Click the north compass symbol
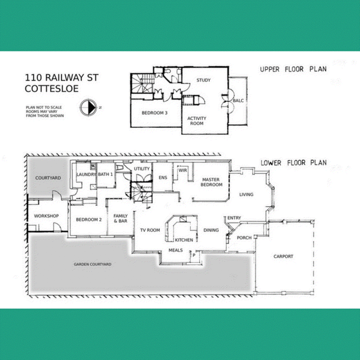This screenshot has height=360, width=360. pos(88,108)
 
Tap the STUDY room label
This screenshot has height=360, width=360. pos(203,80)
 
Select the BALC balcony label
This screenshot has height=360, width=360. pos(238,100)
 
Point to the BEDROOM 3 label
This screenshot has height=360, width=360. pos(154,113)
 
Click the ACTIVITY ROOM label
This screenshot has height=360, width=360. pos(197,121)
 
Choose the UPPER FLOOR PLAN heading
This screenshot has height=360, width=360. pos(293,69)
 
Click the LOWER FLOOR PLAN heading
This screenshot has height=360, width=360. pos(294,163)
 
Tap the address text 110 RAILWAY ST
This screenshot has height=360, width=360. pos(62,77)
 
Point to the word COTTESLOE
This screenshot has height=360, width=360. pos(52,89)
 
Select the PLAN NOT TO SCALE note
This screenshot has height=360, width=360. pos(44,107)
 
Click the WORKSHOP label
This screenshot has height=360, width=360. pos(46,216)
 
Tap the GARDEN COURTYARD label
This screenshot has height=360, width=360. pos(93,264)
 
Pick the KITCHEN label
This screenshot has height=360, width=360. pos(184,240)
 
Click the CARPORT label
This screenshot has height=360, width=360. pos(283,256)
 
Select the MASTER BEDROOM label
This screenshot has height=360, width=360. pos(211,182)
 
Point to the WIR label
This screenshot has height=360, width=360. pos(183,171)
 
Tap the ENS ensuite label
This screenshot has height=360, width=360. pos(163,177)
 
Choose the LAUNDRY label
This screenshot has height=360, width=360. pos(86,175)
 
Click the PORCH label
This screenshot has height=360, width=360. pos(244,238)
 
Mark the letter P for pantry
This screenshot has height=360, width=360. pos(194,255)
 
